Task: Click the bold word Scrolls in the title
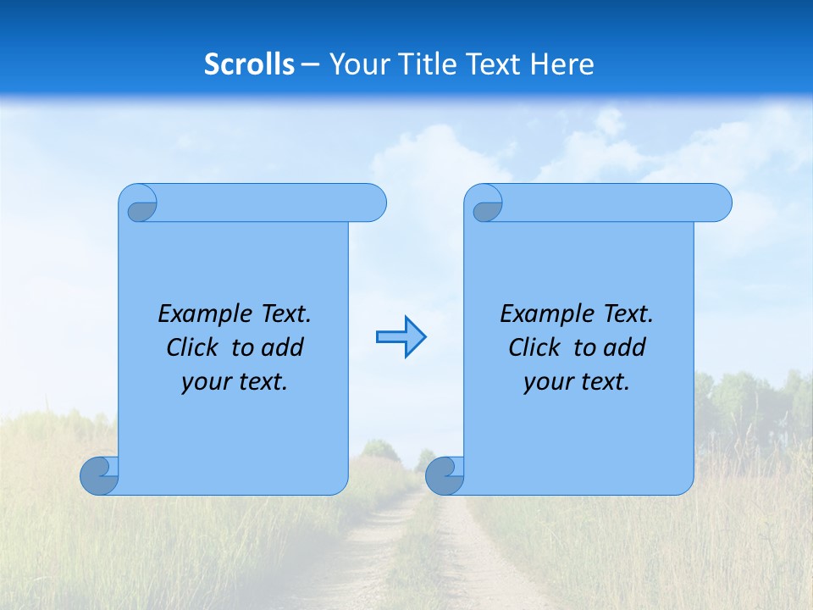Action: pos(250,64)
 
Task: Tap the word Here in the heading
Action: pos(562,64)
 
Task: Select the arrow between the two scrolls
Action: pos(401,337)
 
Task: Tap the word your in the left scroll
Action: pos(204,382)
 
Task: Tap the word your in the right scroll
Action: pos(546,382)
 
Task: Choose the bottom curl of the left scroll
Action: pos(99,476)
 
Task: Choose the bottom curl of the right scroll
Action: pos(444,476)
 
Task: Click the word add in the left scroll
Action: pos(284,347)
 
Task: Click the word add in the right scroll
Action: pos(626,347)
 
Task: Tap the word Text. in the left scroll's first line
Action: pos(283,314)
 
